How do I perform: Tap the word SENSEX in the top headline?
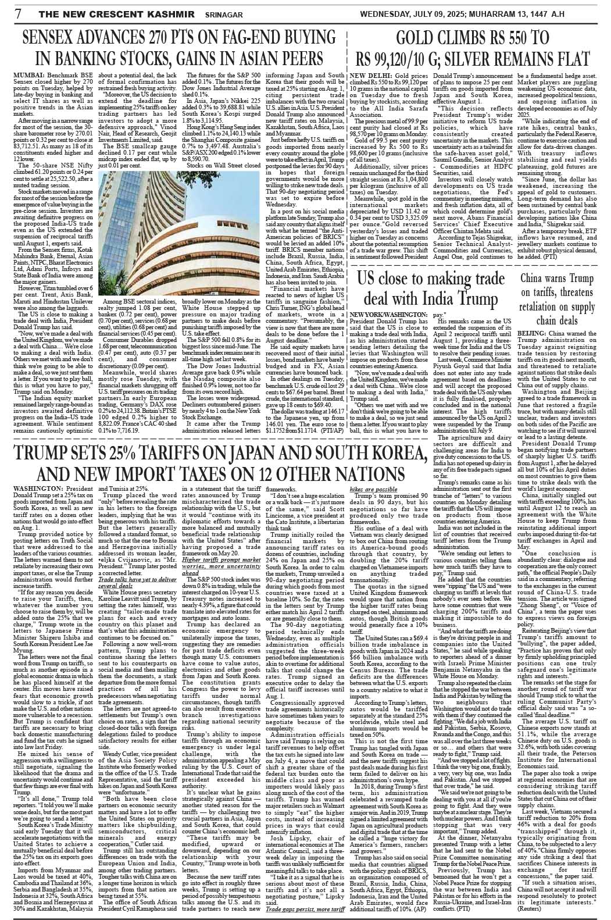(51, 40)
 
